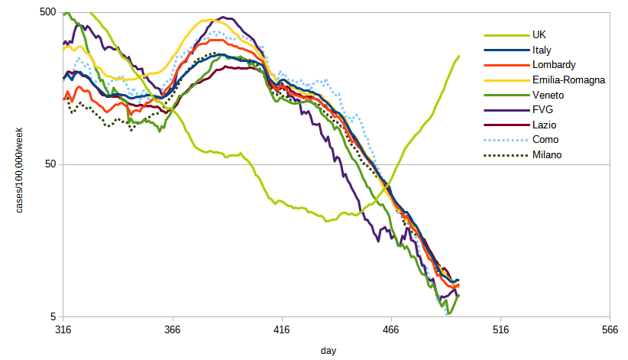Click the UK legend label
[x=539, y=34]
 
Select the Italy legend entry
[x=543, y=50]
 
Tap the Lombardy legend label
[x=553, y=65]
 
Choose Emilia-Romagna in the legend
[x=568, y=79]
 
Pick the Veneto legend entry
[x=548, y=95]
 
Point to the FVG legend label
[x=542, y=110]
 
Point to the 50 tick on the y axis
[x=50, y=164]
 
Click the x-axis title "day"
[x=328, y=350]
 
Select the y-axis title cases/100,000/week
[x=25, y=165]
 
